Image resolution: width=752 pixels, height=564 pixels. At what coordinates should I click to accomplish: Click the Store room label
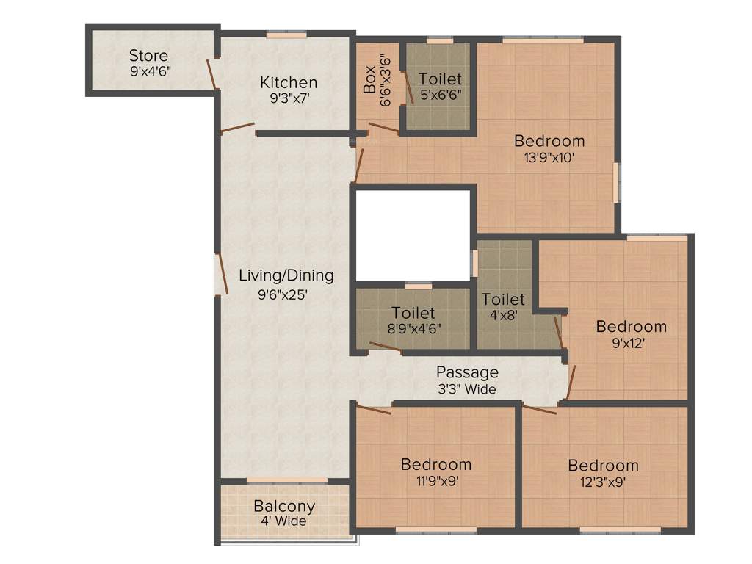[149, 56]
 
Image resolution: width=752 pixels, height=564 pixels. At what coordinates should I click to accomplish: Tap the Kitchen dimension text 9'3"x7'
[289, 98]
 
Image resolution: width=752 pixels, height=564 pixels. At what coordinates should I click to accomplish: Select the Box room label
[369, 79]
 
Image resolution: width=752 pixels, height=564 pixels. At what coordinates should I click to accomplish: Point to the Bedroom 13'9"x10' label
[549, 141]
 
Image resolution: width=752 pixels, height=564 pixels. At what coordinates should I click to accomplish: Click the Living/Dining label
[286, 276]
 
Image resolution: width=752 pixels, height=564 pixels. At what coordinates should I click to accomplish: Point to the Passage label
[467, 372]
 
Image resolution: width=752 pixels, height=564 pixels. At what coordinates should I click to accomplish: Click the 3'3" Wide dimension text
[467, 389]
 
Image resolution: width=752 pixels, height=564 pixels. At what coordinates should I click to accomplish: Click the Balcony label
[284, 506]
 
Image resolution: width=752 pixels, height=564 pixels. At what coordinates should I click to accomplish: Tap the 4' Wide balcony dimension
[284, 521]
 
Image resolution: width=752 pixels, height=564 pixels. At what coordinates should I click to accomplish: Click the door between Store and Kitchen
[212, 73]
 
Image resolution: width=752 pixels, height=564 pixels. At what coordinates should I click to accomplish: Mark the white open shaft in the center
[412, 235]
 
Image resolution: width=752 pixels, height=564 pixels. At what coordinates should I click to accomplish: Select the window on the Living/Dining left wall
[217, 274]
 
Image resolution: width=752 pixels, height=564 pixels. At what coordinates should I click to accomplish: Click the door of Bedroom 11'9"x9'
[373, 408]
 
